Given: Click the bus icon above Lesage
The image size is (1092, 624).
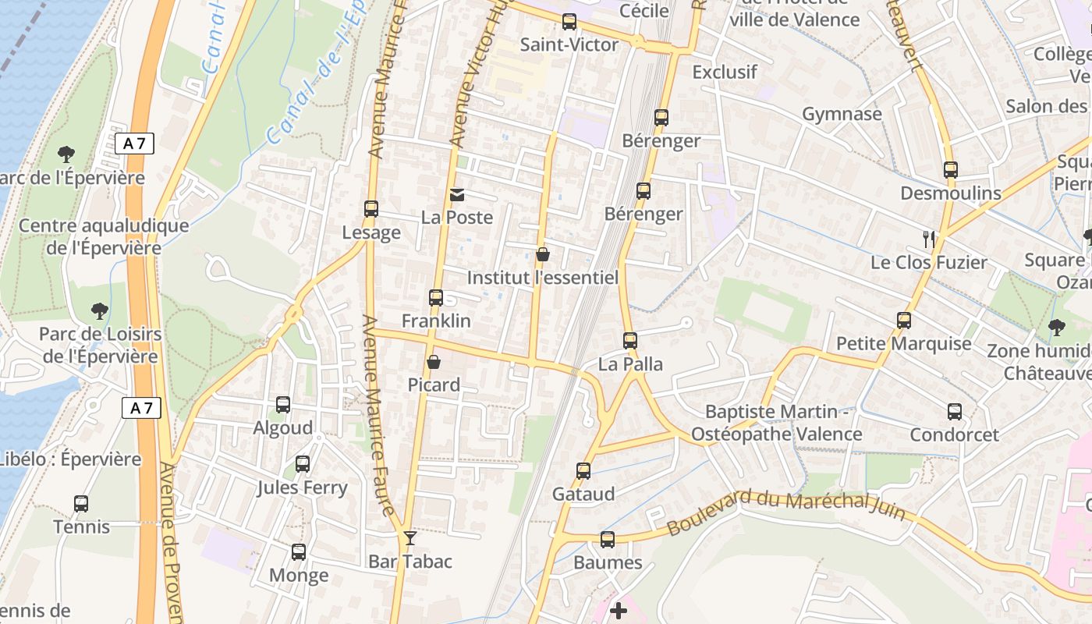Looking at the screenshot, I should point(371,209).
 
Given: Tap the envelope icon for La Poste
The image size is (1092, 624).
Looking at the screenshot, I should point(457,194).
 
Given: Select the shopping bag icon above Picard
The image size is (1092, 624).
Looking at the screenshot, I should point(434,362).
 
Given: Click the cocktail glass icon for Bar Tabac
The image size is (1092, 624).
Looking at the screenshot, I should point(409,538).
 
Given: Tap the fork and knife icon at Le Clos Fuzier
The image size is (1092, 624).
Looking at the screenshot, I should point(928,239).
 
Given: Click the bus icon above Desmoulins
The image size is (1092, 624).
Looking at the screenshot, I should point(950,169).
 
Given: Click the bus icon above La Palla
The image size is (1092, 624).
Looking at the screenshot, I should point(630,341).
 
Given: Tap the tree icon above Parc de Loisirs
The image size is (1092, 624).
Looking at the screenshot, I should point(99,311).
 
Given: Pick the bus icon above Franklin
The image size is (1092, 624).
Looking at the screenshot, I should point(436,297).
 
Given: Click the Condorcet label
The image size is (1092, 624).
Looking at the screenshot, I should point(954,434).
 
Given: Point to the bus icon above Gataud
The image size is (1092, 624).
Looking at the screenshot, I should point(583,470).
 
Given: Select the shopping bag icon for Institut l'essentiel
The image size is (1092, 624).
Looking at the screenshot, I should point(543,254).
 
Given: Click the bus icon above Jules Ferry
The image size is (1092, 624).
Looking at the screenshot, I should point(303,464).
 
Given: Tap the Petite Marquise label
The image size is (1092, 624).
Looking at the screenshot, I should point(903,343).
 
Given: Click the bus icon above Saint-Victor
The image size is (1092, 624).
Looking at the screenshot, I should point(569,22).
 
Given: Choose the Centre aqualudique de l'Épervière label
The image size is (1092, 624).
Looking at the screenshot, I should point(103,237).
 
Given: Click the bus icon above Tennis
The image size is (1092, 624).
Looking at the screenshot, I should point(81,504).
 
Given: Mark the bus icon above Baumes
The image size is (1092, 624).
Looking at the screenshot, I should point(608,539).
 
